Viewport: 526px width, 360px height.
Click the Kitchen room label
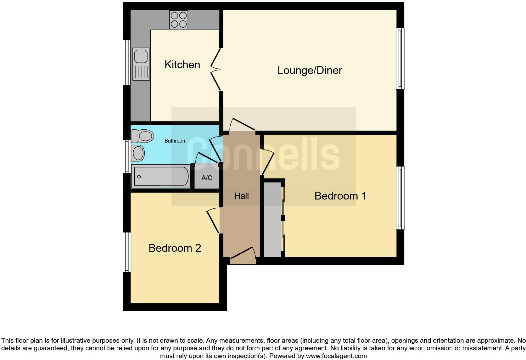point(182,65)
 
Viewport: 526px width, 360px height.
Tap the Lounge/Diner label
point(310,70)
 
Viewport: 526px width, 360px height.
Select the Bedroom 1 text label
point(340,196)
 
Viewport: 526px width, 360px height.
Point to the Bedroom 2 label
point(175,248)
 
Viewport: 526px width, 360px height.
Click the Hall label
point(241,196)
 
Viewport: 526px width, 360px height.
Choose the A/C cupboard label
point(207,178)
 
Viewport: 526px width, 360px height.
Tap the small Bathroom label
point(176,141)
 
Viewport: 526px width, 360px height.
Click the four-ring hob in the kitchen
point(179,20)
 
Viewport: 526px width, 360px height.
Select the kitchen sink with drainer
point(141,64)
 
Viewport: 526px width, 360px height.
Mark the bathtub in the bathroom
point(161,177)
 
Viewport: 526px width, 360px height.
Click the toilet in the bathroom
point(142,136)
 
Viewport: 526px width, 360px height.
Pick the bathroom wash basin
point(138,153)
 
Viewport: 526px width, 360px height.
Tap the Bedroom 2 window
point(127,252)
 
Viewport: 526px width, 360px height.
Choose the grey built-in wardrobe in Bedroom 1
point(272,219)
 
